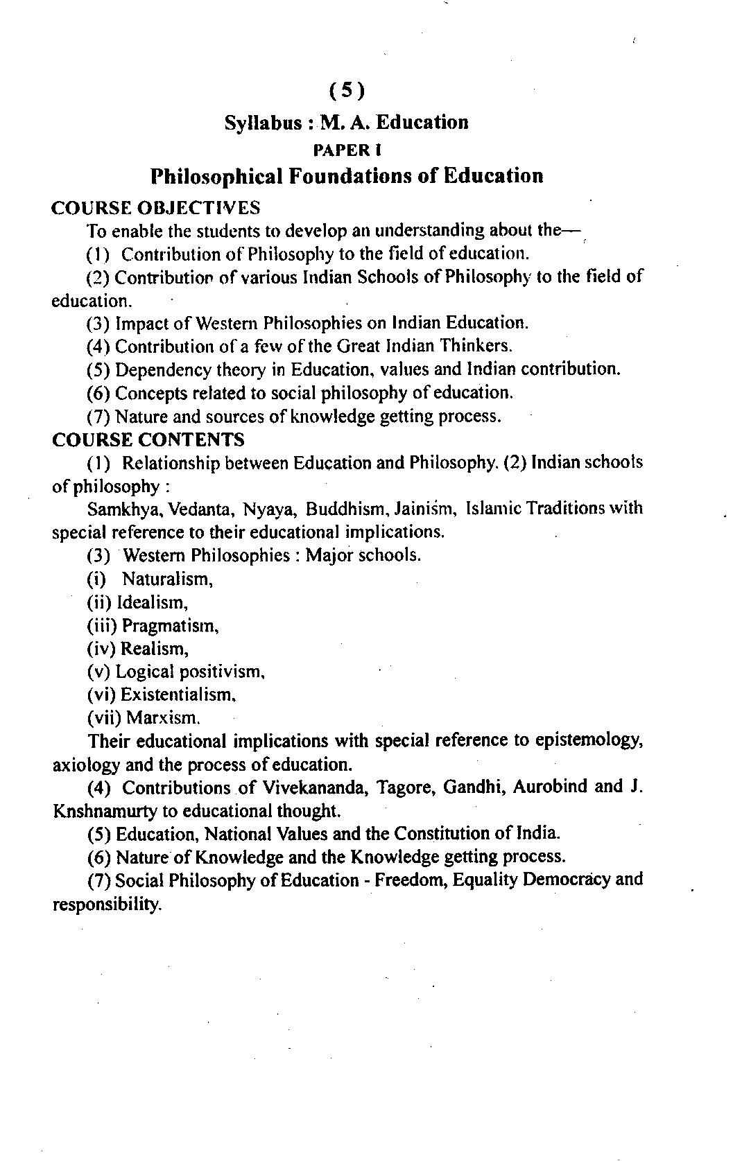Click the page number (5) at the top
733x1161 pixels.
click(346, 90)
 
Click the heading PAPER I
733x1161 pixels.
click(347, 150)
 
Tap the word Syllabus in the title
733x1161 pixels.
click(263, 123)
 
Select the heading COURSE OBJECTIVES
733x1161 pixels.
click(156, 208)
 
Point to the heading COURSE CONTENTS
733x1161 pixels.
click(148, 439)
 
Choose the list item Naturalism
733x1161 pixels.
click(168, 579)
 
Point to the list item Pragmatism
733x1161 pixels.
click(171, 626)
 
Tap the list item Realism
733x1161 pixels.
click(155, 649)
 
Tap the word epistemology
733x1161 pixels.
click(589, 741)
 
